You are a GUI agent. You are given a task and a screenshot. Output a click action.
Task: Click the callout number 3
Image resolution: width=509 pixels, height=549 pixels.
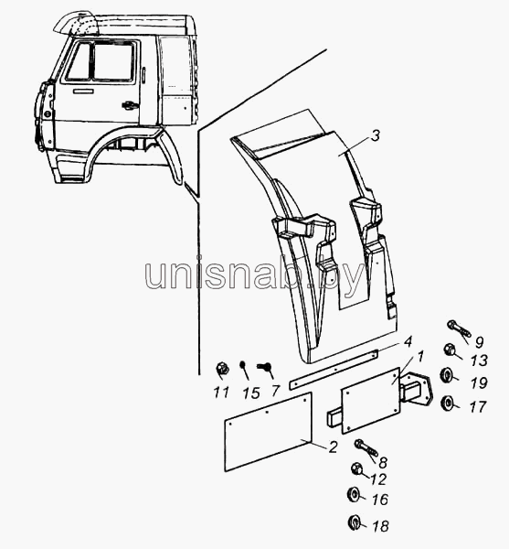pos(375,135)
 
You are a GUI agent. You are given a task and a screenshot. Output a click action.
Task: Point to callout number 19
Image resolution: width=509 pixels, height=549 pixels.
pos(479,382)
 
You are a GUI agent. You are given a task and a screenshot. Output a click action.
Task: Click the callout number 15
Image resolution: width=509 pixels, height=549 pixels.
pos(251,393)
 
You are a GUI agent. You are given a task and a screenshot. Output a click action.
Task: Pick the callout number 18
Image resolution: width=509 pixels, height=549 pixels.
pos(380,525)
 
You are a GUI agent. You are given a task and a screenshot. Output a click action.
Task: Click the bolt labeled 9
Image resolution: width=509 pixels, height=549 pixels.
pos(459,330)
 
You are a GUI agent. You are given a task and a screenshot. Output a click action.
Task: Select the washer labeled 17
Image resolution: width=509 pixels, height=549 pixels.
pos(448,405)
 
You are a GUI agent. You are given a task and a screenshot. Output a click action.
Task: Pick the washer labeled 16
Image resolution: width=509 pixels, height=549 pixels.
pos(353,494)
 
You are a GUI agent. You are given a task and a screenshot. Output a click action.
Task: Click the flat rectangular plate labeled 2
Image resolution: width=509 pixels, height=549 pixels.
pos(268,432)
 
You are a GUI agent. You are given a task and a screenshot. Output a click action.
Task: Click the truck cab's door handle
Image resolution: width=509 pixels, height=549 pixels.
pos(129,105)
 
